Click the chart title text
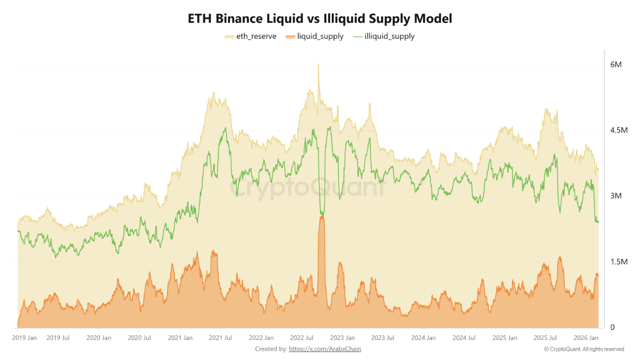(x=320, y=18)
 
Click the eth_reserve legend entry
(x=251, y=36)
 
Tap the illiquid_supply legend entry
(x=384, y=36)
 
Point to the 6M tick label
(x=615, y=65)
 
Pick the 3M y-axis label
(x=615, y=196)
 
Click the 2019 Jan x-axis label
(x=24, y=338)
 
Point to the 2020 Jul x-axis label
(x=140, y=338)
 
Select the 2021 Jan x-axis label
(x=180, y=338)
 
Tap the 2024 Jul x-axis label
(x=464, y=338)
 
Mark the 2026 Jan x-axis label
(x=586, y=338)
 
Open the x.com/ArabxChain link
(x=325, y=349)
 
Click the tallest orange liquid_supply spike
(x=321, y=217)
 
